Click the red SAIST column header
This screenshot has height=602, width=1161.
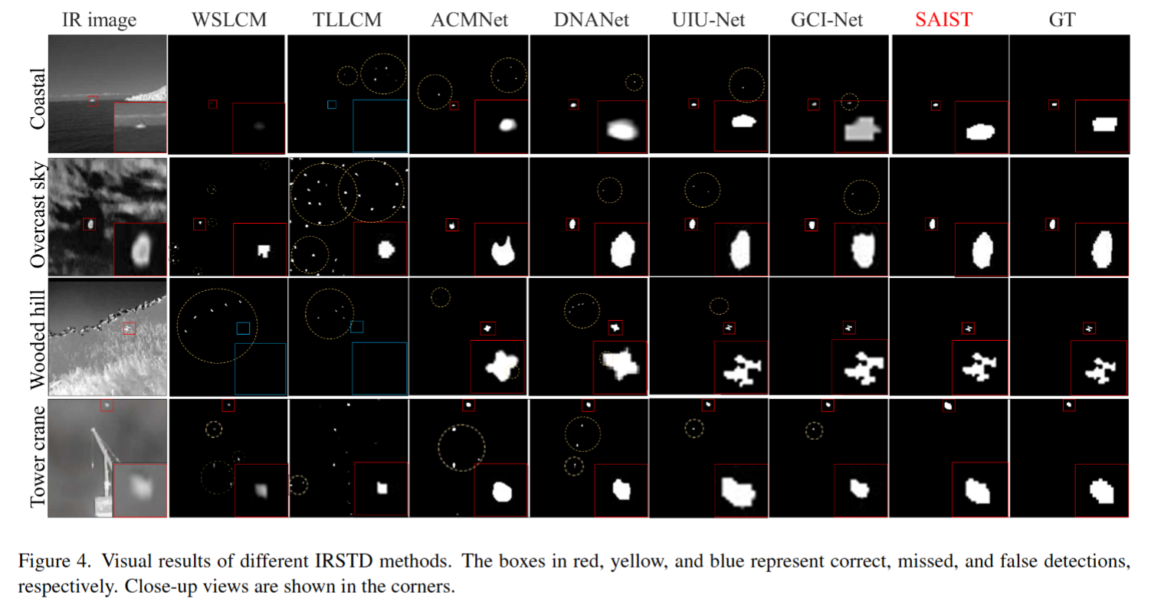[944, 20]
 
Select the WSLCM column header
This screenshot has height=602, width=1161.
[229, 20]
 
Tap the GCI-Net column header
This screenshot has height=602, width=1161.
[827, 20]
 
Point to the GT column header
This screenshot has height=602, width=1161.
[1062, 20]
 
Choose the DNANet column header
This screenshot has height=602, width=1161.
[591, 20]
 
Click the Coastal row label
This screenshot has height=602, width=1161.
[38, 99]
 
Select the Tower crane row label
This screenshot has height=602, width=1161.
[38, 456]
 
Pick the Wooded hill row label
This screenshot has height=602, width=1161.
[38, 339]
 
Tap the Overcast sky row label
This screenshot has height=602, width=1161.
[38, 215]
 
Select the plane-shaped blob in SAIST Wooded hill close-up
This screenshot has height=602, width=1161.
[979, 368]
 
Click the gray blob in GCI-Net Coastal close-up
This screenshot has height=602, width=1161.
[861, 129]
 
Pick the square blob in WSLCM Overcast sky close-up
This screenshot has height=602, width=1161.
[264, 251]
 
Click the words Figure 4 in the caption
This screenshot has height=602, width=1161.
[54, 561]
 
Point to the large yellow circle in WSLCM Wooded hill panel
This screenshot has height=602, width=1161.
[177, 326]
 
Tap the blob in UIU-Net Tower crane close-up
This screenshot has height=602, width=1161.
[739, 491]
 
